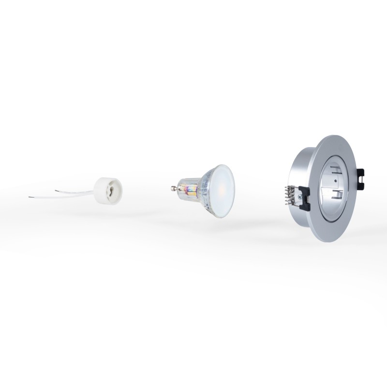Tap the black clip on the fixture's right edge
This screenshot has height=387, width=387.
click(361, 177)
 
